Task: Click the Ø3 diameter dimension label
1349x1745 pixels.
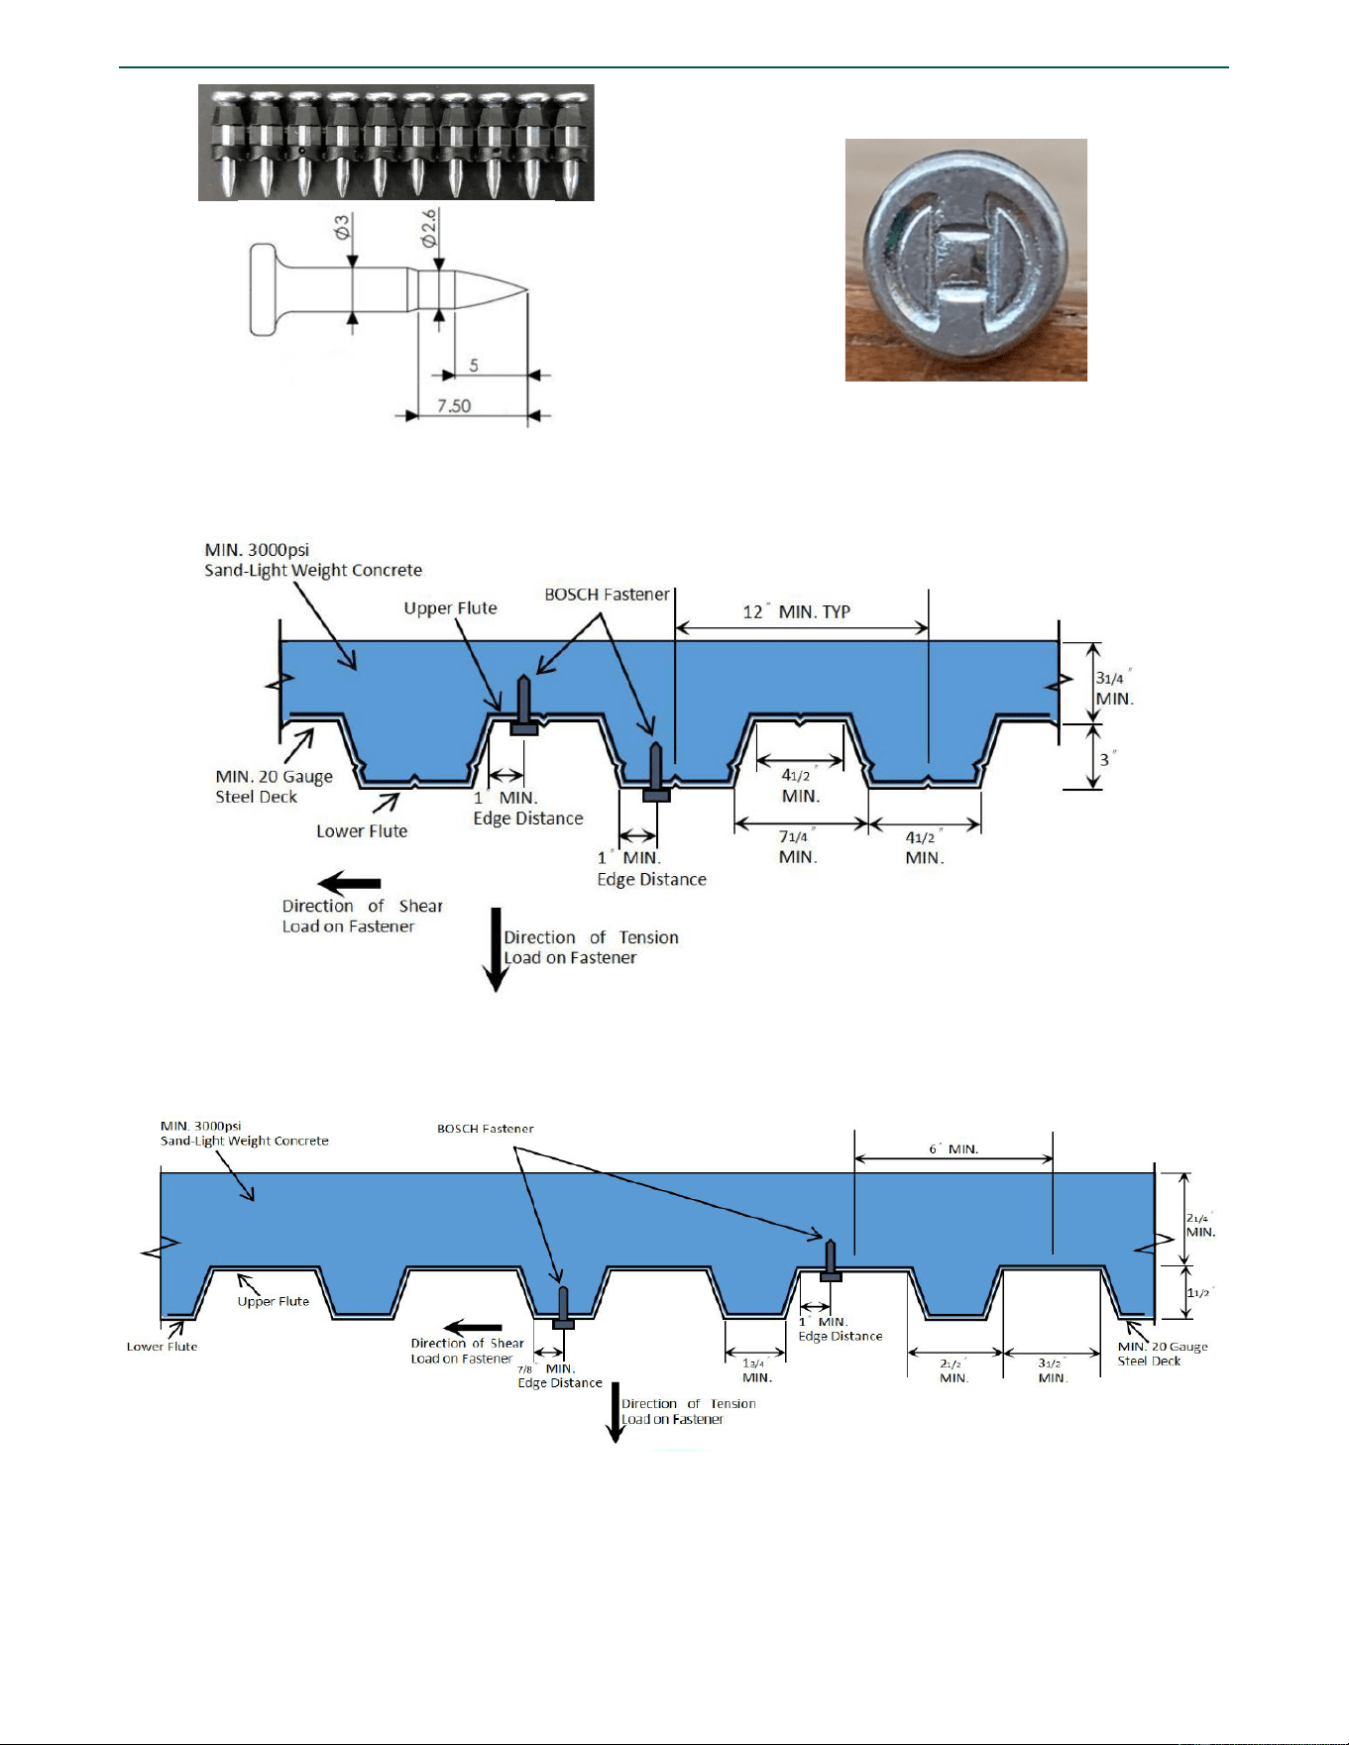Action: click(x=342, y=229)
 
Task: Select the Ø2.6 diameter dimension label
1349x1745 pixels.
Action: click(x=428, y=228)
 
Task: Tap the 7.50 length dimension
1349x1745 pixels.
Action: click(x=454, y=405)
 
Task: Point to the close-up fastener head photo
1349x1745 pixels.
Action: click(x=966, y=260)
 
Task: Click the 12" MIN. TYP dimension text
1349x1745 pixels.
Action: click(x=797, y=611)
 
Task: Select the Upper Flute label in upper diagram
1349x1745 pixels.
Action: click(x=450, y=607)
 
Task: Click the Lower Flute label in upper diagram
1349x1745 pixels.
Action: click(x=362, y=830)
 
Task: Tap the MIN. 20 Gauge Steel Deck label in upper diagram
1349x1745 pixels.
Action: click(x=275, y=787)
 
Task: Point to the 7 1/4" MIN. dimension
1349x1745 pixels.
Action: click(x=798, y=847)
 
